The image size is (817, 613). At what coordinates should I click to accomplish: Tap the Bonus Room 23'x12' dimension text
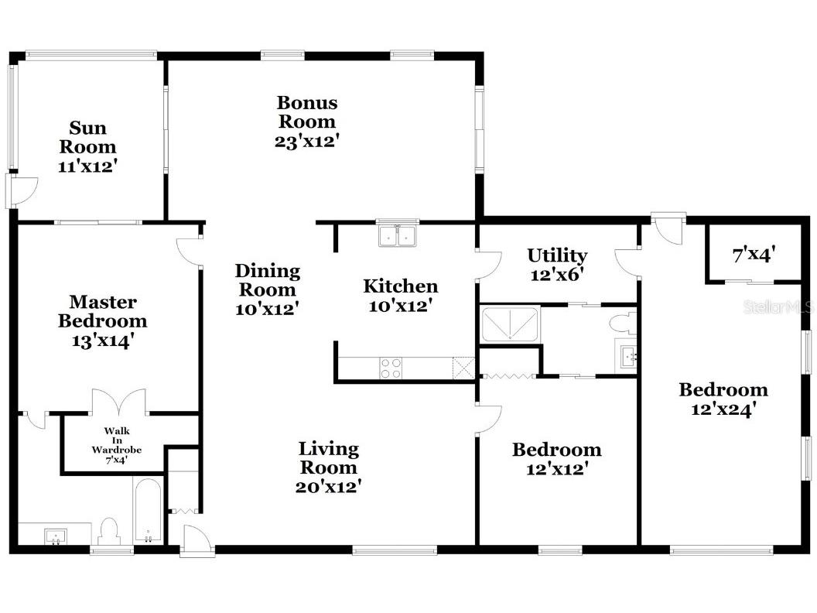coord(307,142)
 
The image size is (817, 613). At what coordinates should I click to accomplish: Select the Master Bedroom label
coord(103,311)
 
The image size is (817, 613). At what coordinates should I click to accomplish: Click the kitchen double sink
coord(399,235)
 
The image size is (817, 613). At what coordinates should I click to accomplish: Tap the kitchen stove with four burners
coord(391,368)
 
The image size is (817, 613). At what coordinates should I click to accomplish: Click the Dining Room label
coord(267,280)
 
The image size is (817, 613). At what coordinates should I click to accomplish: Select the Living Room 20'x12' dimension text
coord(329,487)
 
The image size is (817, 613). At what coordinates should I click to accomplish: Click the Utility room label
coord(557,255)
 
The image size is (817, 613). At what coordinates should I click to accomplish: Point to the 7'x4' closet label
coord(754,254)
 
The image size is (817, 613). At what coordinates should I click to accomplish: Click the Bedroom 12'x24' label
coord(723,389)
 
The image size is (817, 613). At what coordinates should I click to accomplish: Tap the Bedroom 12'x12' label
coord(556,450)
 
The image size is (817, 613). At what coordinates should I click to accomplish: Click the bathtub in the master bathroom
coord(148,511)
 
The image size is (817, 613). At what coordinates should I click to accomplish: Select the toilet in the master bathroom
coord(108,532)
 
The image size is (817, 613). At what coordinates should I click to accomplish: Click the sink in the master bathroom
coord(54,535)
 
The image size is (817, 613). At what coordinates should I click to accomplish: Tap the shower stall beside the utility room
coord(510,324)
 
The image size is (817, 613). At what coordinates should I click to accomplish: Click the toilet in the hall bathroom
coord(624,321)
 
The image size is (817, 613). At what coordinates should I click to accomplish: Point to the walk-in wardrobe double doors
coord(118,402)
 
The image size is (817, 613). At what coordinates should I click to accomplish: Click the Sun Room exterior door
coord(21,190)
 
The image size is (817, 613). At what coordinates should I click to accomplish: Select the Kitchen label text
coord(400,286)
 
